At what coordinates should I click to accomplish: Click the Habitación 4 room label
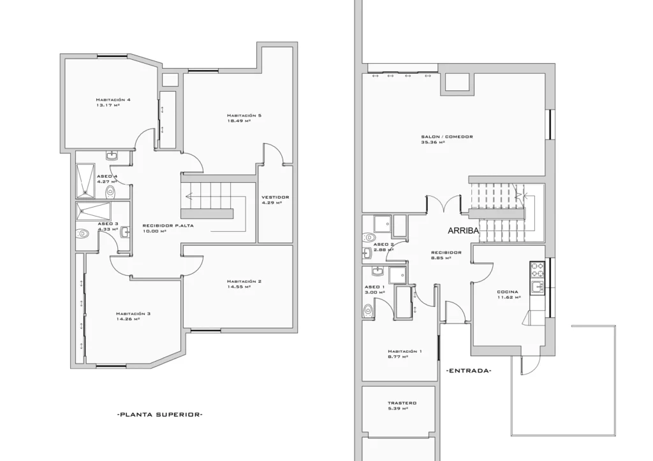click(x=113, y=100)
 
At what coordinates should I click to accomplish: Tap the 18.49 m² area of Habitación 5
click(x=238, y=121)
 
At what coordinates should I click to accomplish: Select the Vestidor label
click(x=275, y=197)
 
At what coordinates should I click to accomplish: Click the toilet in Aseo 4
click(x=110, y=192)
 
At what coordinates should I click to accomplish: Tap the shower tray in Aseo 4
click(x=85, y=181)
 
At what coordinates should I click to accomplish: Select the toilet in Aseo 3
click(x=82, y=234)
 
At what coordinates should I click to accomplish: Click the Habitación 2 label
click(x=244, y=281)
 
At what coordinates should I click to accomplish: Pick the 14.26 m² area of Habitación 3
click(x=128, y=319)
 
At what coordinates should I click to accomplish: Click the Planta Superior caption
click(x=160, y=415)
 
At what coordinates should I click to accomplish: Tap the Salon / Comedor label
click(x=446, y=137)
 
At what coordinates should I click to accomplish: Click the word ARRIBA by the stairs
click(x=464, y=230)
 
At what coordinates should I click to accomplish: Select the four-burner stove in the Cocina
click(x=536, y=270)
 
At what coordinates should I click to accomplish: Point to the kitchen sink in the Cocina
click(x=538, y=287)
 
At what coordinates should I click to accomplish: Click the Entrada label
click(x=469, y=371)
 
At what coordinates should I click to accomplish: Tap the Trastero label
click(x=402, y=403)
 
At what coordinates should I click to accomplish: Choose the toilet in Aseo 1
click(x=368, y=311)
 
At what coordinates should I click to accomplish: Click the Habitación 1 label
click(x=404, y=351)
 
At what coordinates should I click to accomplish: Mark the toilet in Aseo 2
click(x=369, y=238)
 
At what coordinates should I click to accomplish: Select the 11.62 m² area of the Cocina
click(x=508, y=297)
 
